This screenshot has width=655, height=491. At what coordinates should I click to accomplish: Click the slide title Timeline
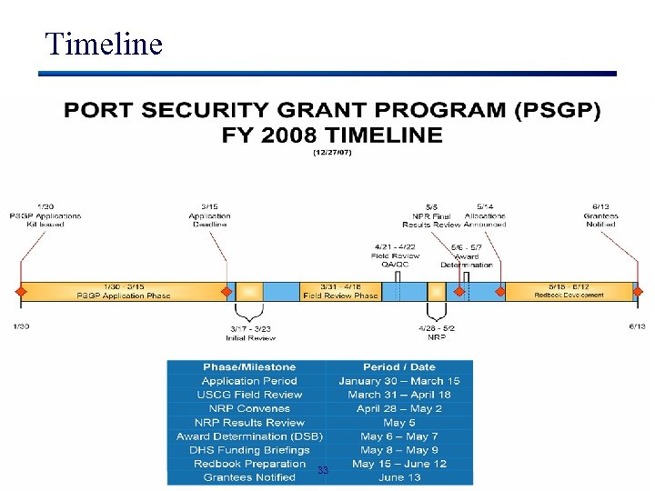[x=104, y=43]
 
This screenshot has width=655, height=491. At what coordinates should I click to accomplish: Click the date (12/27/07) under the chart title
[x=332, y=153]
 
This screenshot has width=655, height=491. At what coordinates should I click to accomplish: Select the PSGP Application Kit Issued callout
[x=45, y=216]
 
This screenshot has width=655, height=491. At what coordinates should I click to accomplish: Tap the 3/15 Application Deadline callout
[x=209, y=216]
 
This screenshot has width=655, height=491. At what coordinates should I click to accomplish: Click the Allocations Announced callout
[x=485, y=216]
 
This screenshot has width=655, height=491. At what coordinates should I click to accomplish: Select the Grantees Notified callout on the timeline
[x=600, y=216]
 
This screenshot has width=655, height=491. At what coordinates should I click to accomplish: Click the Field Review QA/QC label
[x=395, y=256]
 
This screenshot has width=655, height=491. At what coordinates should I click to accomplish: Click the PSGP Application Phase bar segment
[x=123, y=292]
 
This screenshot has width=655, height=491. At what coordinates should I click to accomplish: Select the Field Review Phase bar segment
[x=340, y=292]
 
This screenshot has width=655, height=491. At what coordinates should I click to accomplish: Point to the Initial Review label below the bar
[x=250, y=334]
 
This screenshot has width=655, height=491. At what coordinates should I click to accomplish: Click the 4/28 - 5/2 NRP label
[x=437, y=334]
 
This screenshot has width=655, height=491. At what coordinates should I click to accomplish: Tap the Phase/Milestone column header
[x=249, y=367]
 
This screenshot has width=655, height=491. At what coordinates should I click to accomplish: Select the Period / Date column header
[x=399, y=367]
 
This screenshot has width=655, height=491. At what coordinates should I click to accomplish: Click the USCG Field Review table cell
[x=249, y=395]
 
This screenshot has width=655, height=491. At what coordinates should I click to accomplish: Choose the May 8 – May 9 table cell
[x=399, y=449]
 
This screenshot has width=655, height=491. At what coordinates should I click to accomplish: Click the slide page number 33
[x=323, y=470]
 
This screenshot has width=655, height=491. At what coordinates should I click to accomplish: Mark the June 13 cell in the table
[x=399, y=477]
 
